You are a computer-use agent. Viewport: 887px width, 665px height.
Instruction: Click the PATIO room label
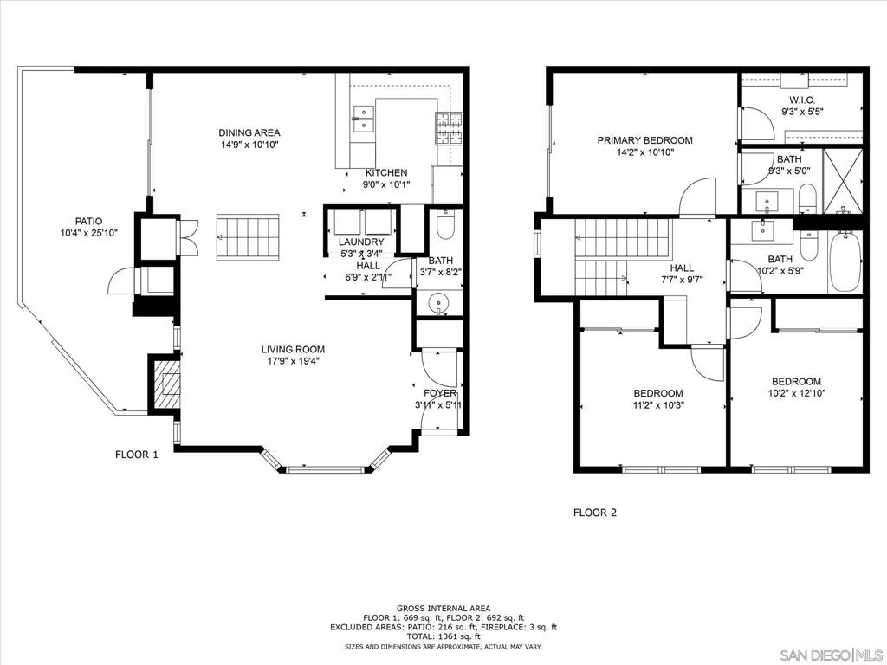[x=89, y=221]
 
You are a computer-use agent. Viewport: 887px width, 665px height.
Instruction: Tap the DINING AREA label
[x=249, y=132]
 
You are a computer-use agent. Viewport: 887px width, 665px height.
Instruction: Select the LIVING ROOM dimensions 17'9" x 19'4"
[x=293, y=361]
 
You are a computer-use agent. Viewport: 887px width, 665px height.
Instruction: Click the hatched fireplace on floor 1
[x=164, y=384]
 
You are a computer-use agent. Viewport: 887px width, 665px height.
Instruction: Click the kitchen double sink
[x=364, y=119]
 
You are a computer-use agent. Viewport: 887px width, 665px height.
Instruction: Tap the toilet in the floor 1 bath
[x=446, y=226]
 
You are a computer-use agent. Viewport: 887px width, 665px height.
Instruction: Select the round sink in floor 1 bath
[x=438, y=304]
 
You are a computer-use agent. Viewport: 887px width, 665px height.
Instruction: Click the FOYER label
[x=440, y=393]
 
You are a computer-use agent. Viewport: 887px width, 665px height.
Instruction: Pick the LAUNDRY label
[x=361, y=242]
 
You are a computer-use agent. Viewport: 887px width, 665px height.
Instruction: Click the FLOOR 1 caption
[x=137, y=454]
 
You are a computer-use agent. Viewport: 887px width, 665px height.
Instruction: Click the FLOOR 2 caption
[x=595, y=513]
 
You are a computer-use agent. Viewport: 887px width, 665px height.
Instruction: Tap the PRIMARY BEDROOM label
[x=644, y=140]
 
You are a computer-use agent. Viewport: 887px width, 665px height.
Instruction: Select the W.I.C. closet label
[x=802, y=100]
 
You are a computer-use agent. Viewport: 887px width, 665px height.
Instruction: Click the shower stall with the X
[x=843, y=181]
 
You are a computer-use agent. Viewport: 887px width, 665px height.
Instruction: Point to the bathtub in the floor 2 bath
[x=845, y=261]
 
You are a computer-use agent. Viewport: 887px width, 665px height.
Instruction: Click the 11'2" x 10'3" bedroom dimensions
[x=658, y=405]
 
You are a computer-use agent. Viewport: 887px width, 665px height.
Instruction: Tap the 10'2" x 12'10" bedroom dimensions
[x=797, y=393]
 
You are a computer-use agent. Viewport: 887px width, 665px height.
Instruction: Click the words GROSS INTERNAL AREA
[x=443, y=609]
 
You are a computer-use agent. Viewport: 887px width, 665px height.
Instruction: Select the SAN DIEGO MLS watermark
[x=831, y=655]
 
